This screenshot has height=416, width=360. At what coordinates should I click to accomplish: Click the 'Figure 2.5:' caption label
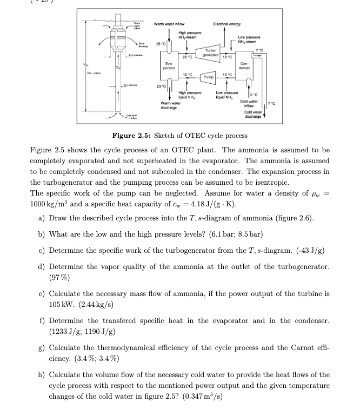click(x=130, y=135)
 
